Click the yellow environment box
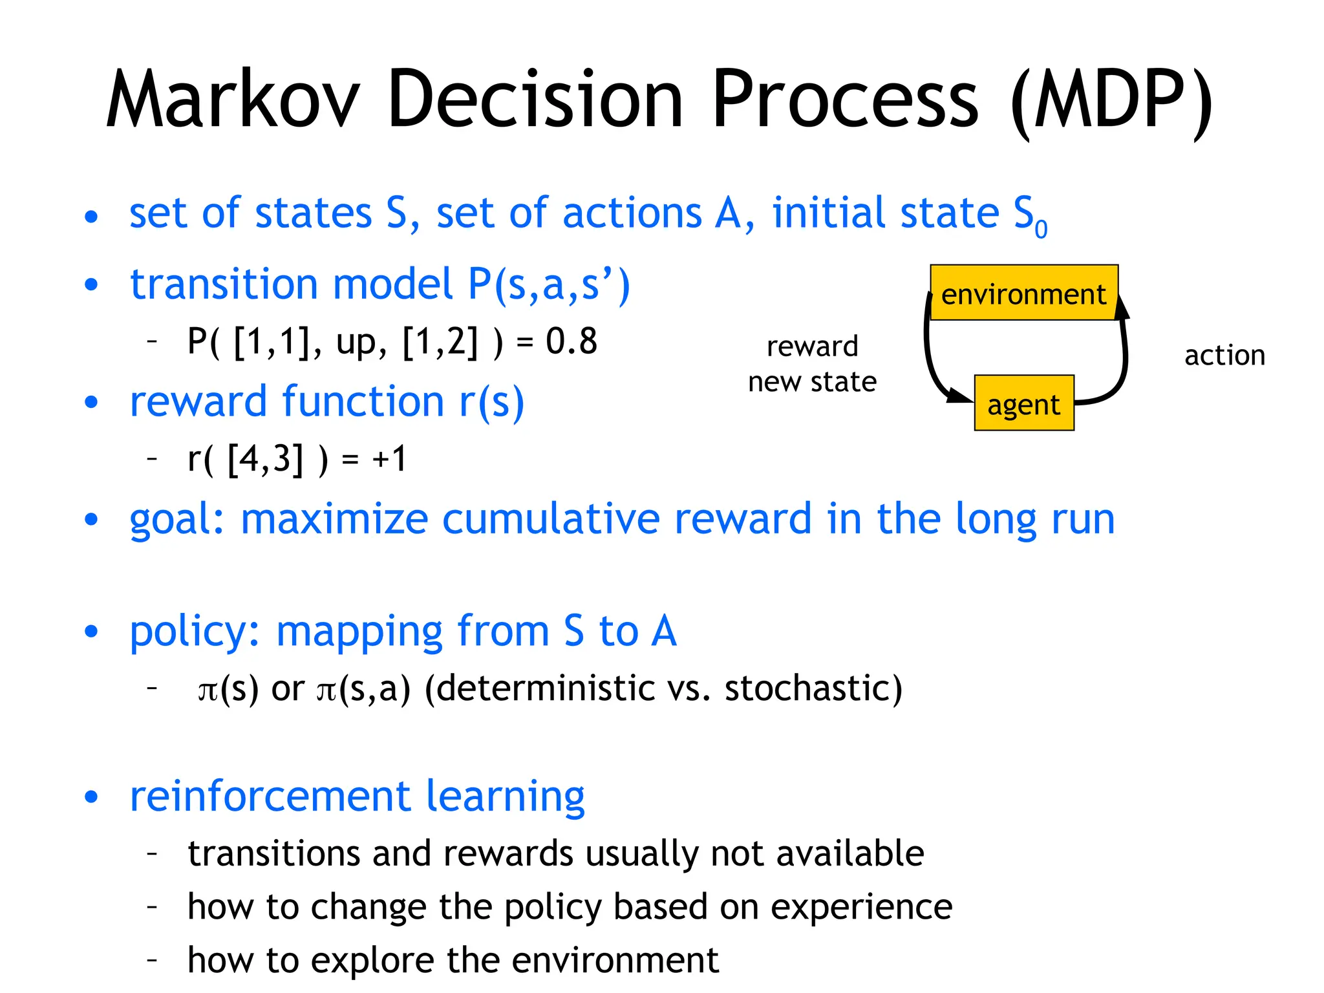click(x=1023, y=293)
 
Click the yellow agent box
click(x=1023, y=403)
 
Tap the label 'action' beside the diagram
click(x=1224, y=356)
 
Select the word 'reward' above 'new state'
click(x=812, y=347)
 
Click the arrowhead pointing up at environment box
click(x=1122, y=308)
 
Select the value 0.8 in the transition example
click(x=571, y=341)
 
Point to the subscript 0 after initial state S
click(x=1040, y=229)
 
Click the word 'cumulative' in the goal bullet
click(x=551, y=518)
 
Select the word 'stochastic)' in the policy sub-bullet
click(x=813, y=688)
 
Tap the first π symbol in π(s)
click(x=208, y=690)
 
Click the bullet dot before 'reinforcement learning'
click(x=91, y=797)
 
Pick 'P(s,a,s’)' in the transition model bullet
click(x=548, y=284)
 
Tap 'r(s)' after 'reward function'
click(x=491, y=402)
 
